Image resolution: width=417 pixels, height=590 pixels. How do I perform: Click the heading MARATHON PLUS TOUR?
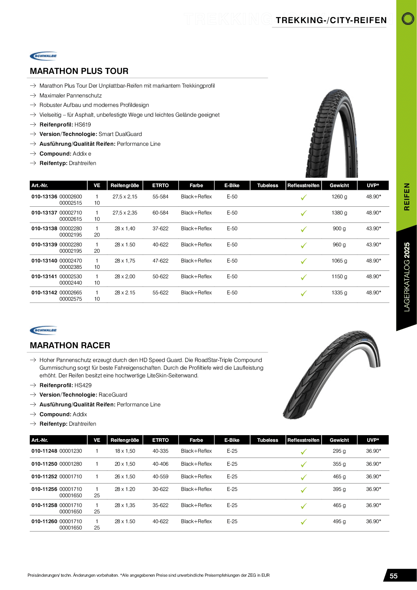(x=79, y=71)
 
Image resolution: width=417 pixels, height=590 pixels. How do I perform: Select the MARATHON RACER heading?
(x=70, y=345)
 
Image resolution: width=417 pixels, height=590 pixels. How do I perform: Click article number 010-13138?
(x=44, y=228)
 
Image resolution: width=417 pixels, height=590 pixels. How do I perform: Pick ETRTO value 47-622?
(x=160, y=261)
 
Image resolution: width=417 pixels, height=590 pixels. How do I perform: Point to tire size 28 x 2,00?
(x=125, y=276)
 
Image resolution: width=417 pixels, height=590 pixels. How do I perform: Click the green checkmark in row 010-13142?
(x=304, y=293)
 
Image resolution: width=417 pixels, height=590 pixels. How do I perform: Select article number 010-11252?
(x=44, y=476)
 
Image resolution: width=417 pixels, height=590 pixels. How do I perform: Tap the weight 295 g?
(x=339, y=451)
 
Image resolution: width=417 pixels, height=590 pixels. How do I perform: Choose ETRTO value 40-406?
(x=160, y=464)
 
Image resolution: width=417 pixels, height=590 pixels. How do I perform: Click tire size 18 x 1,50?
(x=125, y=451)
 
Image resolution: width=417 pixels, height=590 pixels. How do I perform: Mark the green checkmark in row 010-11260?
(x=304, y=522)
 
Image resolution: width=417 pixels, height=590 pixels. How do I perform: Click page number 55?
(x=394, y=576)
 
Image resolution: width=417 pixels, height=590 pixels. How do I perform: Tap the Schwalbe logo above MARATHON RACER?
(x=44, y=330)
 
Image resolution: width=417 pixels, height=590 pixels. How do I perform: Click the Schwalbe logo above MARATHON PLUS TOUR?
(x=44, y=56)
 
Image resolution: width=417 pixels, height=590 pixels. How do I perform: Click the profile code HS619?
(x=83, y=124)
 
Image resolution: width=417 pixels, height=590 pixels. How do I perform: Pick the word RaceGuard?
(x=113, y=395)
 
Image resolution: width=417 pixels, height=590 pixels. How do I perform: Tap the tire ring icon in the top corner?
(x=408, y=19)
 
